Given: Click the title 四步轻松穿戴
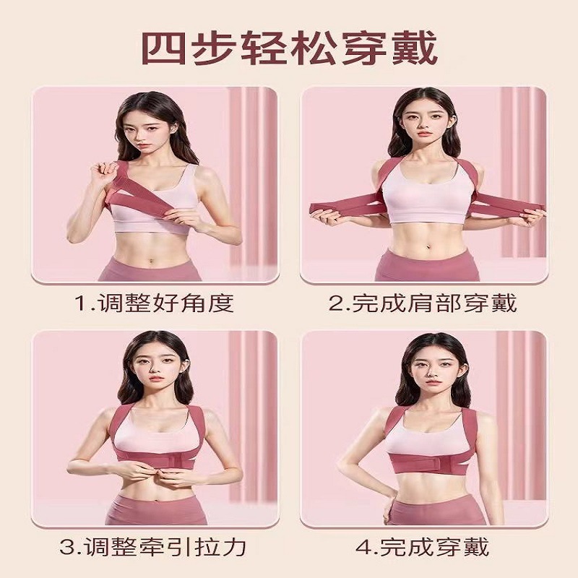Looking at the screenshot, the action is coord(290,48).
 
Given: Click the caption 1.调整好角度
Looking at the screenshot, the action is coord(155,303).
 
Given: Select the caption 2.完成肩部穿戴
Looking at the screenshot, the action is coord(423,303).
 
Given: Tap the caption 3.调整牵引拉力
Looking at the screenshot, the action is coord(152,547).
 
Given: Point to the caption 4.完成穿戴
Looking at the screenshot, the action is coord(423,547).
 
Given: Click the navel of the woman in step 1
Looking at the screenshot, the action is coord(150,262).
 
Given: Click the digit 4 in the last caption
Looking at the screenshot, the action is coord(363,547).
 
